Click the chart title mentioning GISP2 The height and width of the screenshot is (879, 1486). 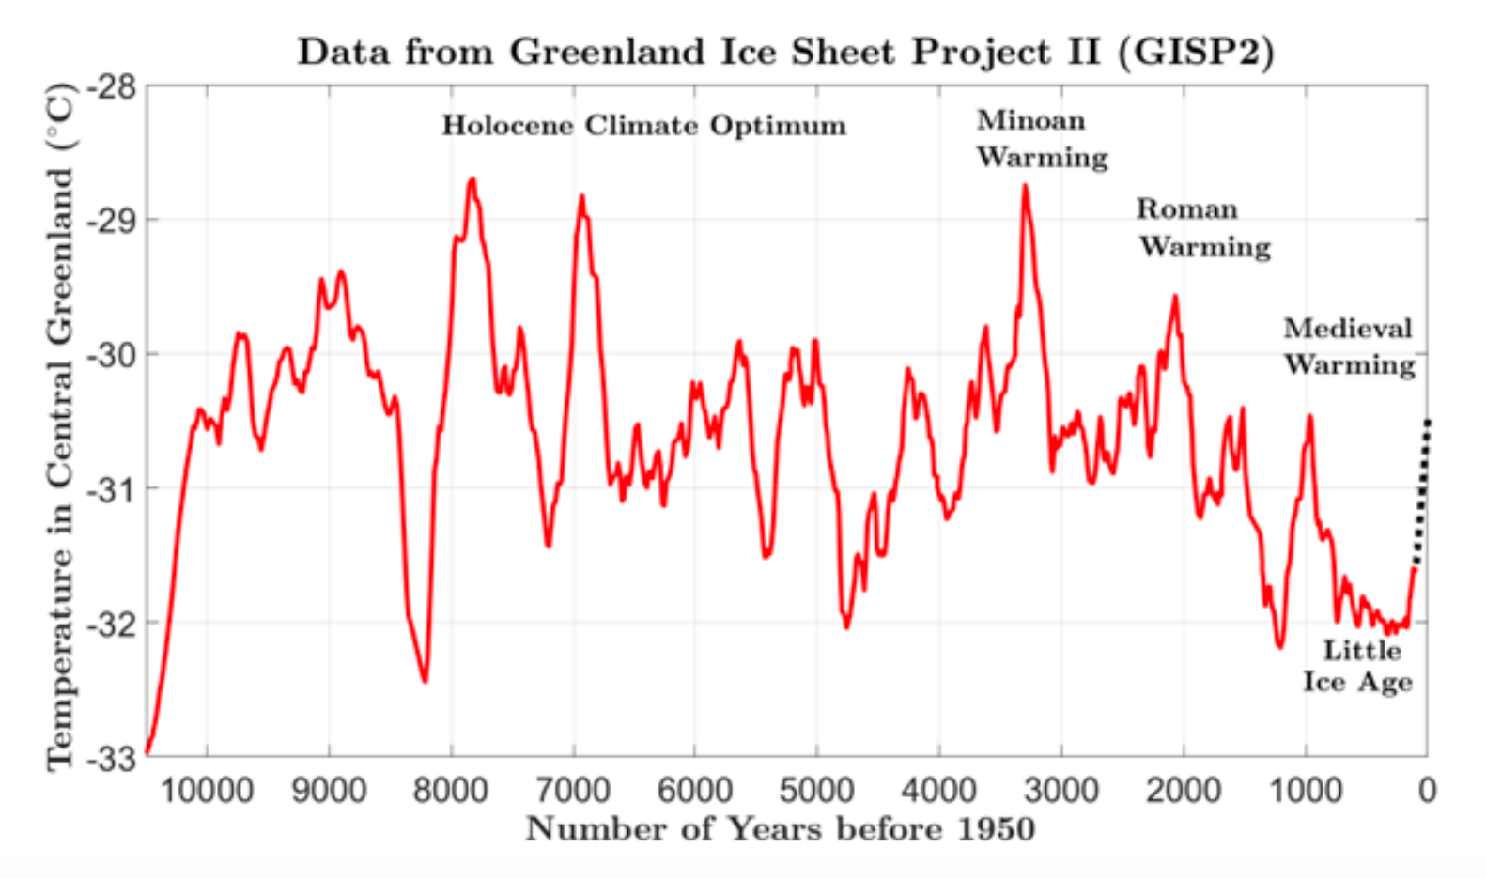(x=785, y=52)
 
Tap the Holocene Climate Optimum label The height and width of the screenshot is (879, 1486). (x=643, y=126)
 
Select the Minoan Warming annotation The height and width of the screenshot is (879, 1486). (x=1041, y=139)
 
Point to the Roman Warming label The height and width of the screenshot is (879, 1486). (x=1202, y=228)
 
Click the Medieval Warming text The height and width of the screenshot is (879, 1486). (x=1349, y=347)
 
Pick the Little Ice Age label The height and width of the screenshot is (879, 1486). (x=1358, y=666)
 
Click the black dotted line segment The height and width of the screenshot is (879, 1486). (x=1422, y=493)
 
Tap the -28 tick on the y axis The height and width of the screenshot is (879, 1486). (x=113, y=87)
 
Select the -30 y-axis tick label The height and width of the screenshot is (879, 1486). (x=113, y=355)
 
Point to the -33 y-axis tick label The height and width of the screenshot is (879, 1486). (x=113, y=757)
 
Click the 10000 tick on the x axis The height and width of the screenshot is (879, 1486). (x=207, y=791)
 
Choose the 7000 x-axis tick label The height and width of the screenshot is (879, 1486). (x=573, y=791)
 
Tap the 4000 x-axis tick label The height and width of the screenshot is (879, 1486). (x=939, y=791)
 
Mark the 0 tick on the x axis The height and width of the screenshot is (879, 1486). (x=1427, y=791)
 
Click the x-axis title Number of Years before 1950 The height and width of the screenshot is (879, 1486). (x=780, y=829)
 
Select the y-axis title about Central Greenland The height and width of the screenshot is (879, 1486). (x=59, y=427)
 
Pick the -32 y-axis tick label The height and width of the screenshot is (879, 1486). (x=113, y=624)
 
